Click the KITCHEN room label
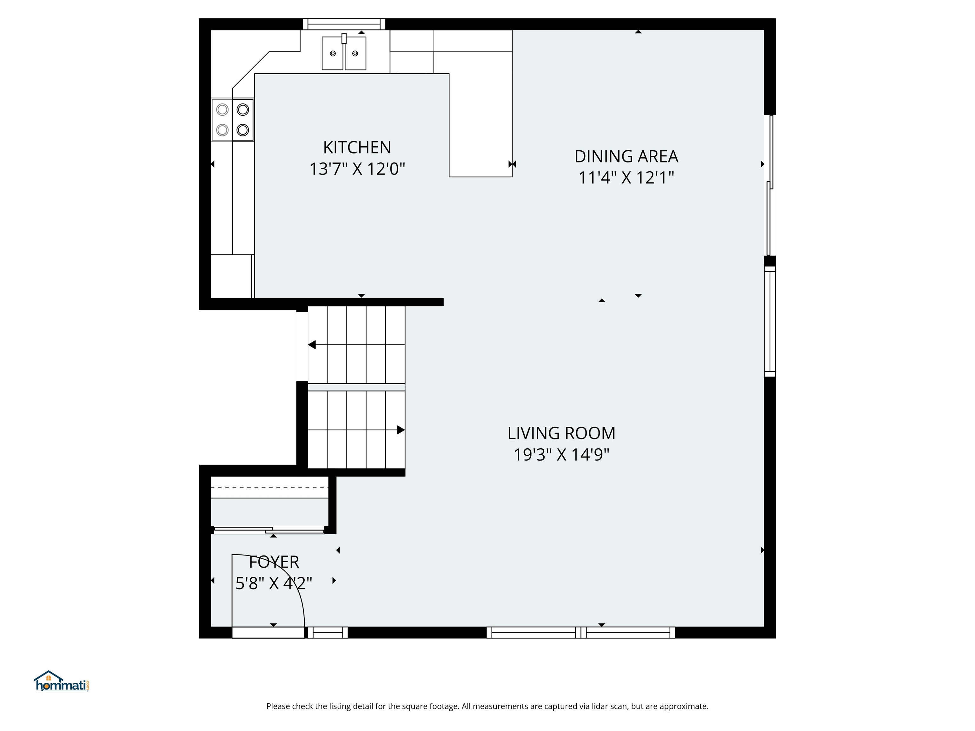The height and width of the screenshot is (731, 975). click(357, 148)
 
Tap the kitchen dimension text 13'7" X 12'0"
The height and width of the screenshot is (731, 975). click(357, 169)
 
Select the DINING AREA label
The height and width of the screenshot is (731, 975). click(626, 156)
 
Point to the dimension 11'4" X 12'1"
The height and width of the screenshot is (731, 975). click(626, 178)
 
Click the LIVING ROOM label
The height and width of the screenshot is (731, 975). click(561, 433)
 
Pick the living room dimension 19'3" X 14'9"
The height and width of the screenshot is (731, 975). click(561, 454)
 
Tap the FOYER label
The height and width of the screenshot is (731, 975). click(274, 562)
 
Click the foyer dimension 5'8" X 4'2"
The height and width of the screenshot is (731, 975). click(274, 583)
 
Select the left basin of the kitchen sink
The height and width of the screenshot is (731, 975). click(333, 53)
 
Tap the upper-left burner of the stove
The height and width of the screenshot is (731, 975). click(222, 109)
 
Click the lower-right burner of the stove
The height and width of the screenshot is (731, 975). click(243, 130)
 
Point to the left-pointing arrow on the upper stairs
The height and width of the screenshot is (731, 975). click(312, 345)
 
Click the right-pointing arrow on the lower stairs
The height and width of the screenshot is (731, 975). click(400, 430)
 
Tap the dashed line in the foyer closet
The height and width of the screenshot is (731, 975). click(270, 487)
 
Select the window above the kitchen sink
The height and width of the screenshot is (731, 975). click(344, 24)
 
